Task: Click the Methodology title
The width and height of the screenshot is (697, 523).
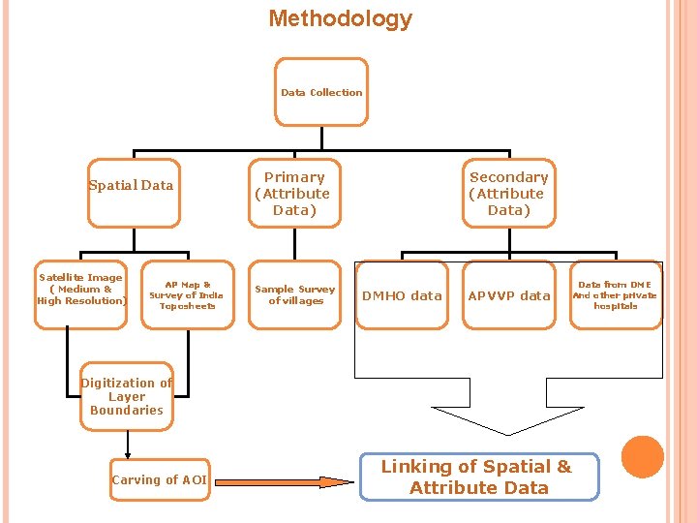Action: pyautogui.click(x=341, y=19)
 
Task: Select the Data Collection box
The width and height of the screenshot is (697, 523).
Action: pyautogui.click(x=321, y=92)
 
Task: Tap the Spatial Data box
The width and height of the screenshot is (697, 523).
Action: pyautogui.click(x=134, y=193)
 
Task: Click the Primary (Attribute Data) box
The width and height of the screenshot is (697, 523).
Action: pyautogui.click(x=294, y=193)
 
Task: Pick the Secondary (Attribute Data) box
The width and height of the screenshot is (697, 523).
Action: pyautogui.click(x=509, y=193)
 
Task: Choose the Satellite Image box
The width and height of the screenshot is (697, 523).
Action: pyautogui.click(x=81, y=294)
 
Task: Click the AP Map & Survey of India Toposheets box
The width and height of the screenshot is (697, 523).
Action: pyautogui.click(x=188, y=294)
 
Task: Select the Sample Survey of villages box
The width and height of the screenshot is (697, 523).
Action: pyautogui.click(x=294, y=294)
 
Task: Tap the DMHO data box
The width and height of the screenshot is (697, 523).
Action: pyautogui.click(x=402, y=294)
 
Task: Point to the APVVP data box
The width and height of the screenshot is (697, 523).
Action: pyautogui.click(x=509, y=294)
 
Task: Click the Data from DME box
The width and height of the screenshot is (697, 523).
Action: pyautogui.click(x=616, y=294)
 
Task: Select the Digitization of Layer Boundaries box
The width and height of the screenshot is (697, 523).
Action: pyautogui.click(x=127, y=396)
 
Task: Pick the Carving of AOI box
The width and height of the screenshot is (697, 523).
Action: pyautogui.click(x=160, y=479)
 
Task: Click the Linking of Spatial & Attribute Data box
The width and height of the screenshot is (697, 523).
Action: pyautogui.click(x=479, y=477)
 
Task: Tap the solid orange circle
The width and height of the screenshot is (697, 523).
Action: pyautogui.click(x=643, y=457)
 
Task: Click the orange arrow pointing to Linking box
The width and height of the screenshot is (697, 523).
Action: pyautogui.click(x=285, y=482)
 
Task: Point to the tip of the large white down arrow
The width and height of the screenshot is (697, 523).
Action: pyautogui.click(x=508, y=435)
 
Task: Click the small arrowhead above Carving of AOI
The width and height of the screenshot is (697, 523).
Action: pyautogui.click(x=128, y=455)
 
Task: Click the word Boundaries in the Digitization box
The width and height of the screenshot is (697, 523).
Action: pyautogui.click(x=127, y=410)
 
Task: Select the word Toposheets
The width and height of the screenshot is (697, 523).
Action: pyautogui.click(x=188, y=306)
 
